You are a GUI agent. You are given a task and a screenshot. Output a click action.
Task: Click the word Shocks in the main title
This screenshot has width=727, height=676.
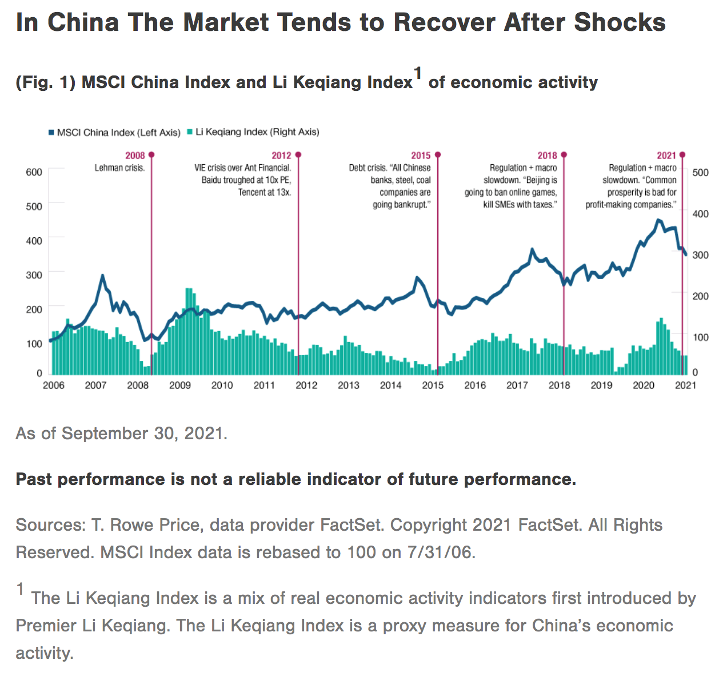pyautogui.click(x=620, y=23)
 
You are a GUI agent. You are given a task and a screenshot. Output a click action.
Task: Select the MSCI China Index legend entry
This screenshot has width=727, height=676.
pyautogui.click(x=114, y=132)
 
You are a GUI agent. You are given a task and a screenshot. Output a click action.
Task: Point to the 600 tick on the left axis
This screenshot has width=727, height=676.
pyautogui.click(x=34, y=172)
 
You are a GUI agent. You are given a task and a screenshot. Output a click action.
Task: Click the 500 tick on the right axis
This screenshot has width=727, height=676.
pyautogui.click(x=700, y=172)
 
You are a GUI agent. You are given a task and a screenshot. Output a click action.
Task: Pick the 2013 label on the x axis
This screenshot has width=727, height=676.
pyautogui.click(x=348, y=385)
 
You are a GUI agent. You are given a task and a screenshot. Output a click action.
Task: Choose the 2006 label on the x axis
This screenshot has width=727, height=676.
pyautogui.click(x=54, y=385)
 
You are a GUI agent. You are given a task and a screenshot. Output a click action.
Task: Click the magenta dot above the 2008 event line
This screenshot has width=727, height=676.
pyautogui.click(x=151, y=155)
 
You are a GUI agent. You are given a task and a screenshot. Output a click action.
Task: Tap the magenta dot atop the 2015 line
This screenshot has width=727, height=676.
pyautogui.click(x=438, y=155)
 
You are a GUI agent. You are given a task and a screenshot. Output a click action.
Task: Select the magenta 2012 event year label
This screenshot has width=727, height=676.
pyautogui.click(x=281, y=156)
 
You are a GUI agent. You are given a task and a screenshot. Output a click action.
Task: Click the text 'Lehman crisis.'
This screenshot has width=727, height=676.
pyautogui.click(x=119, y=168)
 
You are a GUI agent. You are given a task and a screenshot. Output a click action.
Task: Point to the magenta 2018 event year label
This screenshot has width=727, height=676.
pyautogui.click(x=547, y=156)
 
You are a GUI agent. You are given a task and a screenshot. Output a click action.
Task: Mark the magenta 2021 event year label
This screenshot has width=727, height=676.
pyautogui.click(x=666, y=156)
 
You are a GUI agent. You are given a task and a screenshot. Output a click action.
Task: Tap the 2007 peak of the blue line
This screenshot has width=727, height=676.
pyautogui.click(x=102, y=276)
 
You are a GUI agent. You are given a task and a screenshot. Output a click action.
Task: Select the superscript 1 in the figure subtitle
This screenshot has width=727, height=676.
pyautogui.click(x=418, y=73)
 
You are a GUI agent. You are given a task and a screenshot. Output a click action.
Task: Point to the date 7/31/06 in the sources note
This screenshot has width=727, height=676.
pyautogui.click(x=440, y=552)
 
